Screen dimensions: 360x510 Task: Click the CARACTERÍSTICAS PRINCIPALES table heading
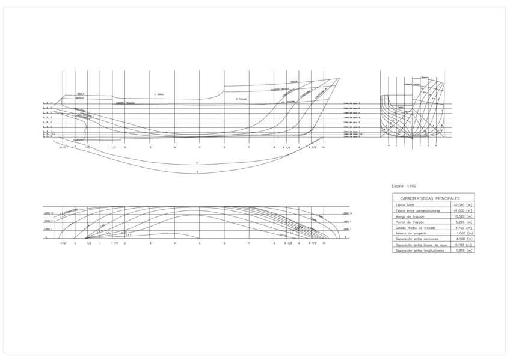(x=429, y=198)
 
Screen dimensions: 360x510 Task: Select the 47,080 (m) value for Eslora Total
(x=464, y=206)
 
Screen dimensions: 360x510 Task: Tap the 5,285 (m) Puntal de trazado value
(x=464, y=222)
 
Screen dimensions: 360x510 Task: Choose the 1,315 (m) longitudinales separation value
(x=464, y=250)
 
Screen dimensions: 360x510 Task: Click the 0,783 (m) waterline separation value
(x=464, y=245)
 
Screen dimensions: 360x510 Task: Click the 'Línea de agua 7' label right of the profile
(x=351, y=103)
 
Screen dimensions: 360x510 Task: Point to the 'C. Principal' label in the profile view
(x=242, y=99)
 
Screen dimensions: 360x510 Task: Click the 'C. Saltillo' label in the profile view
(x=159, y=94)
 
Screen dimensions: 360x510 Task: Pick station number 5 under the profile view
(x=199, y=147)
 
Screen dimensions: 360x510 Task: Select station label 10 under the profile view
(x=324, y=147)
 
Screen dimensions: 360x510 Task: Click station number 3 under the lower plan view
(x=150, y=243)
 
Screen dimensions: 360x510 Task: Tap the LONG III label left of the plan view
(x=49, y=213)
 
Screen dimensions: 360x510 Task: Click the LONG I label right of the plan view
(x=346, y=230)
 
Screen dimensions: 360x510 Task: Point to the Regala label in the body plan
(x=425, y=77)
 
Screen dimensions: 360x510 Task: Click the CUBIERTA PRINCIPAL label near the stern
(x=125, y=103)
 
